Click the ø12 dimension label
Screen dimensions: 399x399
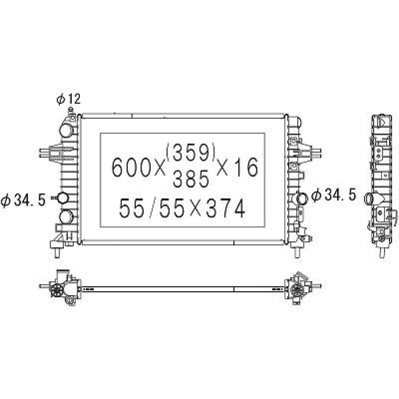(x=68, y=99)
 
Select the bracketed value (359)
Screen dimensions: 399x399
(x=191, y=153)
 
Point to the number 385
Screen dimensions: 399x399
(x=191, y=180)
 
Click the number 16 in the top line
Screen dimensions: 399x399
(x=245, y=167)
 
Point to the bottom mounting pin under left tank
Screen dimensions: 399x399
(x=57, y=252)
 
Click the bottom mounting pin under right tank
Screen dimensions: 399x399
(x=297, y=252)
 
